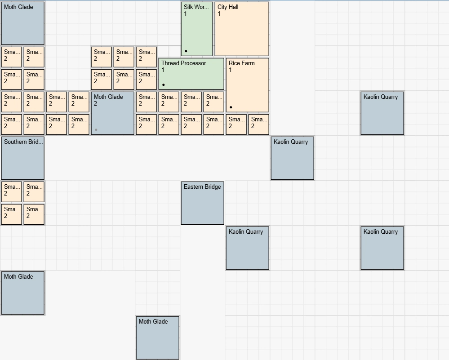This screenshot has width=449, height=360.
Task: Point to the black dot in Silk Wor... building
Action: click(x=186, y=51)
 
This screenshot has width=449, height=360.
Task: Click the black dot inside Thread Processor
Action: click(x=164, y=84)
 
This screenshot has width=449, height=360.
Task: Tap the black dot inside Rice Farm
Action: click(x=231, y=107)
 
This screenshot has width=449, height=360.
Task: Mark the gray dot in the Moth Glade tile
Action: click(x=96, y=130)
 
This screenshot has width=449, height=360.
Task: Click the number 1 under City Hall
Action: click(x=219, y=14)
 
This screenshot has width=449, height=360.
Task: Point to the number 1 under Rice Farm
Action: click(x=231, y=70)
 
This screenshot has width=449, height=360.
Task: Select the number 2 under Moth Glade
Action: click(x=96, y=104)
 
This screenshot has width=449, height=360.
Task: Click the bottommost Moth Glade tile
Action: click(x=157, y=338)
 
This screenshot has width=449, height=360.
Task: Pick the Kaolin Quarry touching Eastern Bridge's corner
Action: click(x=247, y=248)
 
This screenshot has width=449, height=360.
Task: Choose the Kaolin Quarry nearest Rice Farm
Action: click(x=292, y=158)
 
